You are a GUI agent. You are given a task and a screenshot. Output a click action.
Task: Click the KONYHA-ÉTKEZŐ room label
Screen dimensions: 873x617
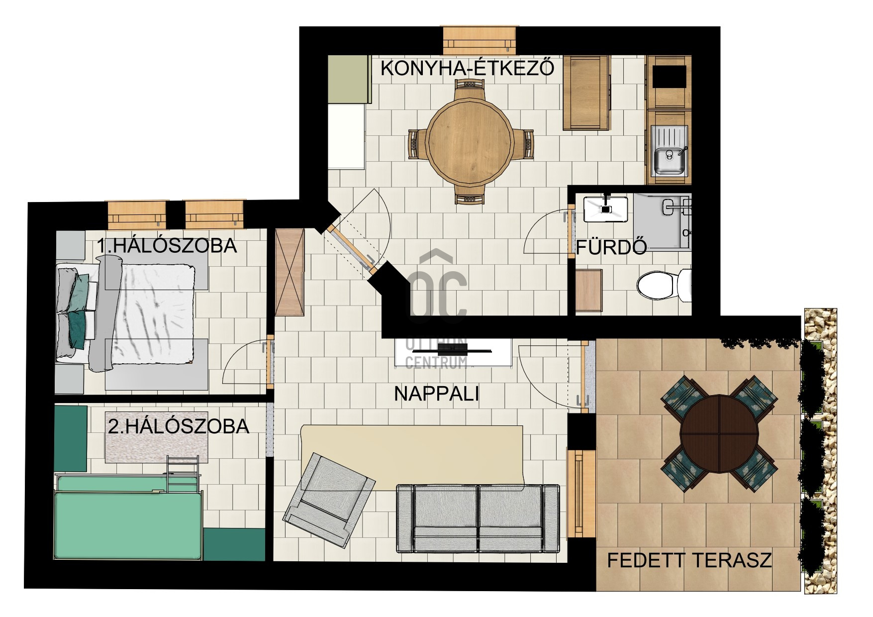coord(467,68)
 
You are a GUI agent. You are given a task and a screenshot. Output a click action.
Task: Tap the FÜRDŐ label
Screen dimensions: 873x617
coord(611,247)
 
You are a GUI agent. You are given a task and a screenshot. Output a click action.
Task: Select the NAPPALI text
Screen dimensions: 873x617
coord(436,394)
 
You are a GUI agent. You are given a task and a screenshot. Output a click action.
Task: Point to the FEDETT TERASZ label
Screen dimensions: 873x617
coord(689,560)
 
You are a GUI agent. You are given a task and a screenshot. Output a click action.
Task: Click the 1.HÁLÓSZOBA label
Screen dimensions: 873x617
coord(167,246)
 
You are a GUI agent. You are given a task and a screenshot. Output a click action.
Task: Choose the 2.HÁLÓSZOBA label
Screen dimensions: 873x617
coord(179,426)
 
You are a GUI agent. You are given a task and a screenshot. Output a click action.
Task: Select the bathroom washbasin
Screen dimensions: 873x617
coord(605,209)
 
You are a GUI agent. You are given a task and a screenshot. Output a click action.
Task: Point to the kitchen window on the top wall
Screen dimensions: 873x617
coord(479,40)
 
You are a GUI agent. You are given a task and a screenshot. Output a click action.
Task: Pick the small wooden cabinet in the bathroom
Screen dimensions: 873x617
coord(588,291)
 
